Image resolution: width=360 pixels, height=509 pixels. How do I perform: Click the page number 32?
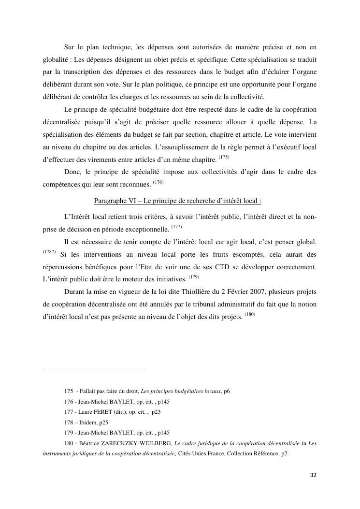[313, 475]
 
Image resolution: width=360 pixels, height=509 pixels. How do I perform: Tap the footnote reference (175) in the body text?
[224, 157]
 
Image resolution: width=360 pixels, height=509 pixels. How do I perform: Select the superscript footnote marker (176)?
[158, 182]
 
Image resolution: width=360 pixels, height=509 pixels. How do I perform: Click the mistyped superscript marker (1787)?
[49, 252]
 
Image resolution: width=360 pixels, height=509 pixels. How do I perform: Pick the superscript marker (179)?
[194, 277]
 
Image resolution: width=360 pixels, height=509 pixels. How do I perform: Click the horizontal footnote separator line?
[94, 370]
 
